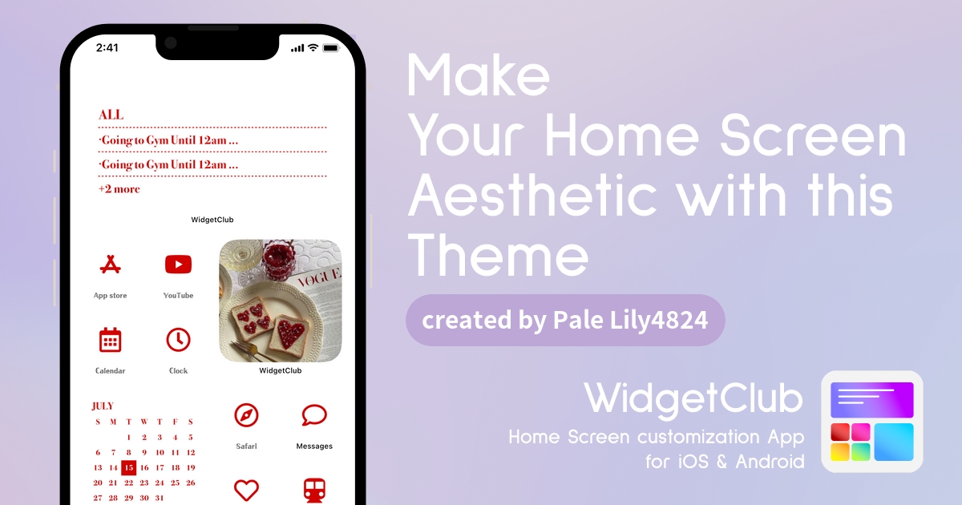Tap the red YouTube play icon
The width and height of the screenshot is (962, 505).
178,265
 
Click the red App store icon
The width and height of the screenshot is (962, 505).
111,265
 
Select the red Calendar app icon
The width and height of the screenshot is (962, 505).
111,340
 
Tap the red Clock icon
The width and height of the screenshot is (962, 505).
178,340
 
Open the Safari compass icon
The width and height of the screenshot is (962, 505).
246,415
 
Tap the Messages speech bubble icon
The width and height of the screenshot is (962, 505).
314,415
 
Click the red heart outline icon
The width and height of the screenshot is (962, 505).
246,490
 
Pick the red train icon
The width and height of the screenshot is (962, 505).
314,491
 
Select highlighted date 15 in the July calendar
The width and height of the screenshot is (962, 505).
128,467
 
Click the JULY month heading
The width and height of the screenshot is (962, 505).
103,406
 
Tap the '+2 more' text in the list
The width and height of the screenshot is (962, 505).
119,189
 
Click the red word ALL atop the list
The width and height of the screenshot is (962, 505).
111,115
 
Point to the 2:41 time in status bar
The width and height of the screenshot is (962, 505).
107,47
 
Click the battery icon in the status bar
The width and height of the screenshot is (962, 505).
330,47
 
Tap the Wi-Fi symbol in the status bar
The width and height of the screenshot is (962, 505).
313,47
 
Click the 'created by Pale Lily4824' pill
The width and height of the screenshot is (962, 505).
565,321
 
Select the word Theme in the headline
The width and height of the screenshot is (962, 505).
498,255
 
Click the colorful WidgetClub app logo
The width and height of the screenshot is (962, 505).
872,422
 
